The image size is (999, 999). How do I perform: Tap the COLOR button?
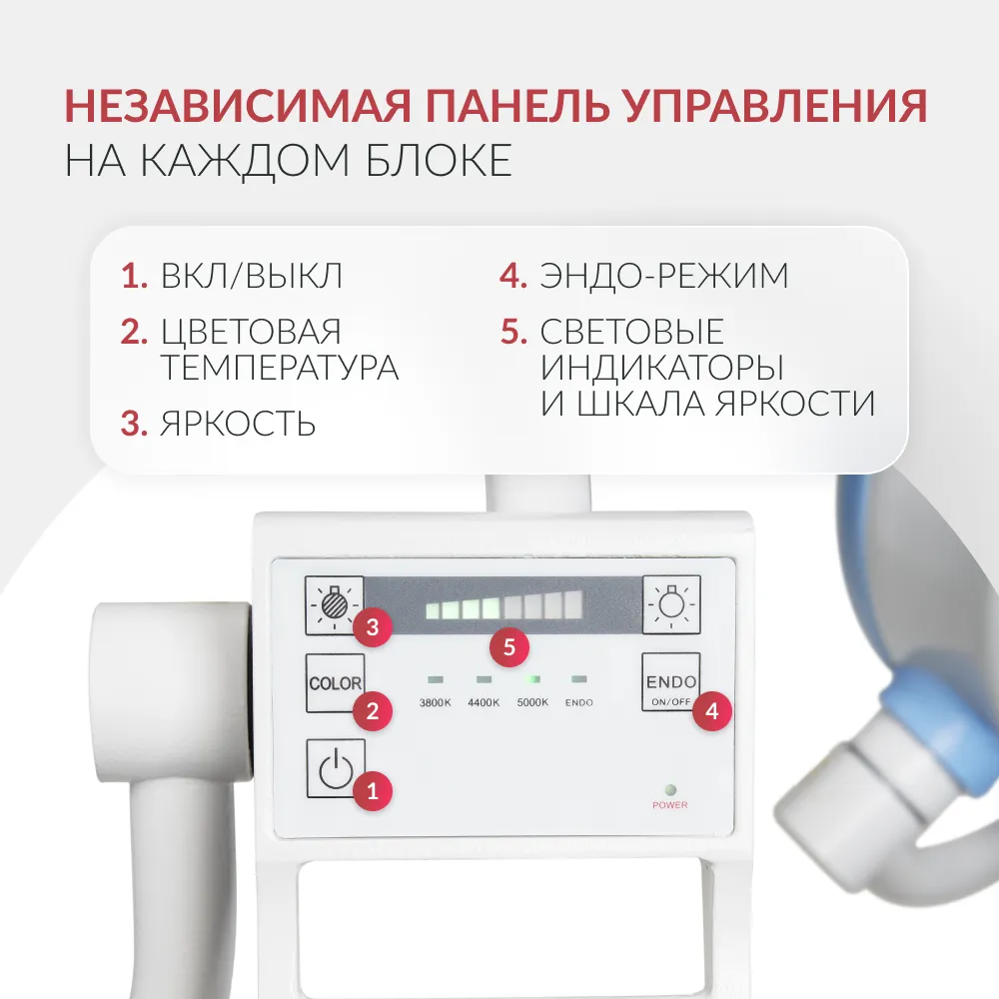click(335, 682)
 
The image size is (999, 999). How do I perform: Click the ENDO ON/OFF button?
click(671, 681)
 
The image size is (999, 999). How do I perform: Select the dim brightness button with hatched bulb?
click(335, 604)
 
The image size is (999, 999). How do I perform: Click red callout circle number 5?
click(509, 647)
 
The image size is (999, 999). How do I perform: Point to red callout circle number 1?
click(373, 791)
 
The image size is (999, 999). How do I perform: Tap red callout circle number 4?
click(711, 710)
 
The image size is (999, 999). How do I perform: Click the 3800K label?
click(436, 702)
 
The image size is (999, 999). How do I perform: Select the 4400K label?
click(484, 702)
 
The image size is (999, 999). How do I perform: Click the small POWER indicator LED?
click(670, 790)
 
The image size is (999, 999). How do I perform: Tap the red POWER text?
click(670, 805)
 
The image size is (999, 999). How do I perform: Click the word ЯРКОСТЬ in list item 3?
click(238, 423)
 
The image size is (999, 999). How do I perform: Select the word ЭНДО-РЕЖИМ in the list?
click(664, 276)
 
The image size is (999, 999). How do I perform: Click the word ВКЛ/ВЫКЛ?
click(251, 276)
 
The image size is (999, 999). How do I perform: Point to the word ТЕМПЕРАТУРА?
click(280, 368)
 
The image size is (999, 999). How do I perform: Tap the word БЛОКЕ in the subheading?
click(439, 160)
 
